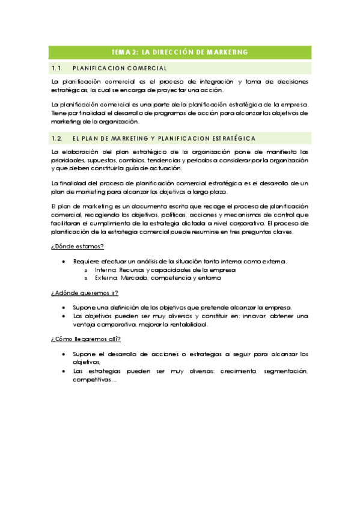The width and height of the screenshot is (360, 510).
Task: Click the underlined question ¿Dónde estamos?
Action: (78, 246)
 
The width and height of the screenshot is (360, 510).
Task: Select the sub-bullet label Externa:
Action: (105, 278)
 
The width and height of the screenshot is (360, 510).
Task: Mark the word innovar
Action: (242, 316)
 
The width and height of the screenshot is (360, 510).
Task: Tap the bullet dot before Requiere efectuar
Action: (64, 261)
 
